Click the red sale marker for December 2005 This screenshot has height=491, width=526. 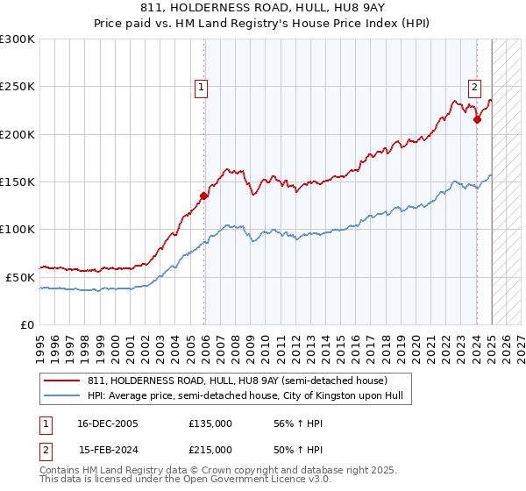204,196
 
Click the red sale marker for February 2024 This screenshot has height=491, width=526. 477,120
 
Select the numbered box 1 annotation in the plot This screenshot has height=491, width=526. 202,87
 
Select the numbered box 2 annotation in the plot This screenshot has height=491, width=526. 474,87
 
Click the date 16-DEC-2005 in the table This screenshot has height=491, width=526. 108,423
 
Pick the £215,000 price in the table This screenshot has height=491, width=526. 210,450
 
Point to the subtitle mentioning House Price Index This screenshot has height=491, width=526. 263,25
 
